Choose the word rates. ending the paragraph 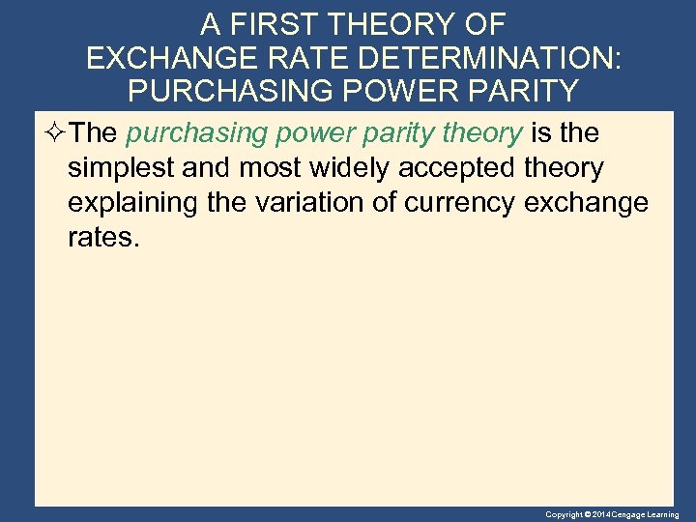coord(103,237)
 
